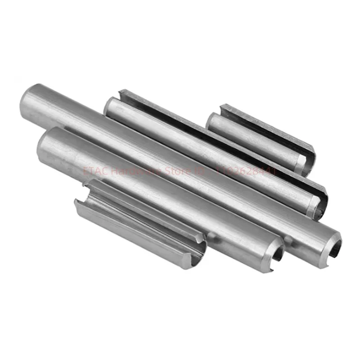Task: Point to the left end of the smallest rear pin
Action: pyautogui.click(x=214, y=121)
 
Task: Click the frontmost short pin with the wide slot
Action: pyautogui.click(x=139, y=225)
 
